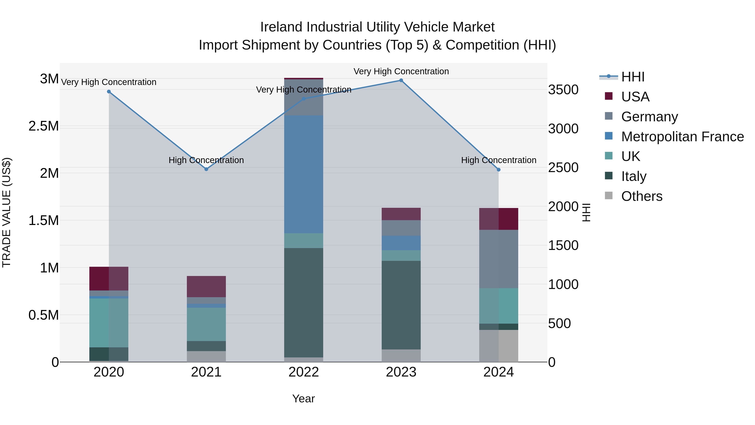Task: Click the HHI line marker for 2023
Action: (401, 80)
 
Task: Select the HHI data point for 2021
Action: (206, 169)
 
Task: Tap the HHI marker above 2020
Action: (109, 92)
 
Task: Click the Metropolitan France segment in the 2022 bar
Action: (304, 175)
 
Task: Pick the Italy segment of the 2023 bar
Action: (401, 305)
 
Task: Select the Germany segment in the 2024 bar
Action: (499, 259)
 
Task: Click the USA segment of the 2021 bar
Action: (206, 286)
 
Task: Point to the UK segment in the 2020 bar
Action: (109, 323)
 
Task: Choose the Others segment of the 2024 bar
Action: (499, 346)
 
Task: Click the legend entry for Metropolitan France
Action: (682, 137)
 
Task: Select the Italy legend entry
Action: (634, 176)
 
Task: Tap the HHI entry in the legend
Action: (633, 77)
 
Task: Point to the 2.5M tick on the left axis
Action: (44, 126)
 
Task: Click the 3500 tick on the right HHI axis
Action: (563, 90)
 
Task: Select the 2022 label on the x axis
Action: (304, 372)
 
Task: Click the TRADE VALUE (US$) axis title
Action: (7, 212)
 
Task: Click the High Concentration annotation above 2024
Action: (499, 160)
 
